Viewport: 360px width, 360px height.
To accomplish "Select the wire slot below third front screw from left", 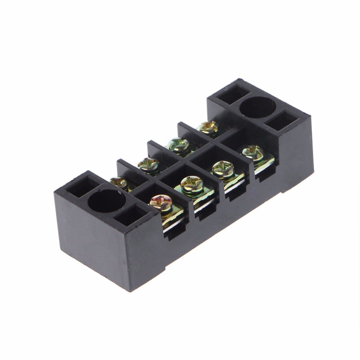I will (234, 193).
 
